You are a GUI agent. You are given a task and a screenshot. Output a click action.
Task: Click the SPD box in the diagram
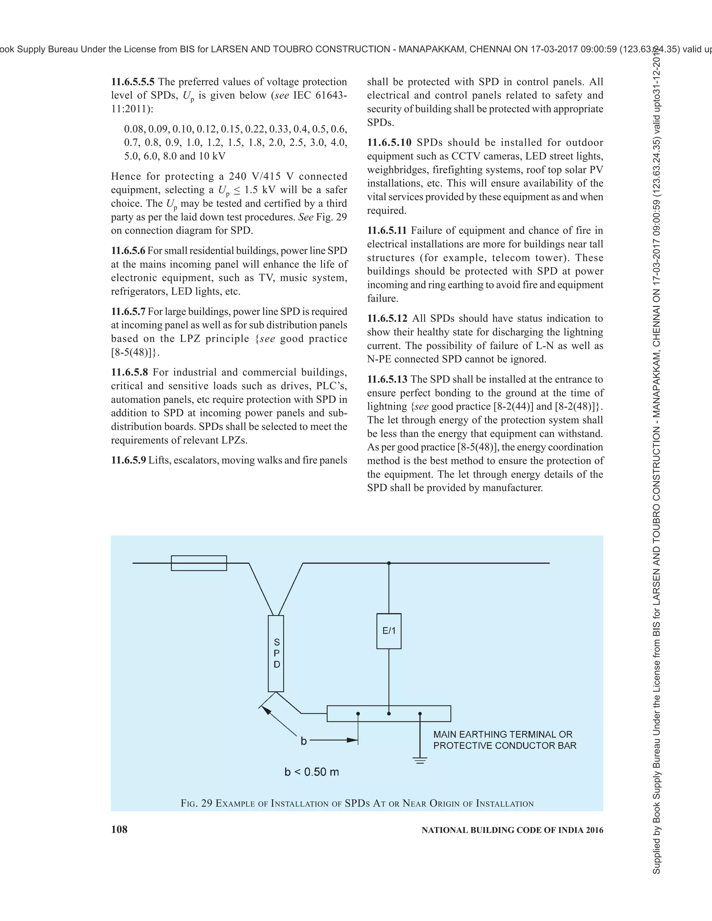point(276,653)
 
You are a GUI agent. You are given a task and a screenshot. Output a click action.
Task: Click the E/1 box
point(388,631)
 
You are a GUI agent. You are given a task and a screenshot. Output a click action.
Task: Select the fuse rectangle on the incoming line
point(199,563)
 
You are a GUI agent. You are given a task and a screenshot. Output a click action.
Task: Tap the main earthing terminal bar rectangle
point(388,714)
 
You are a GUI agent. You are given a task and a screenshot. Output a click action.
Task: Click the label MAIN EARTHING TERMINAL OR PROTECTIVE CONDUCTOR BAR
point(504,740)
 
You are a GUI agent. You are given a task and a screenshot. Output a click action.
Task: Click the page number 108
point(119,830)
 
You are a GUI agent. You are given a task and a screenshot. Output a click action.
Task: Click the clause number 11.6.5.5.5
point(132,82)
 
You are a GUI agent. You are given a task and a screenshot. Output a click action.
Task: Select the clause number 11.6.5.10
point(389,142)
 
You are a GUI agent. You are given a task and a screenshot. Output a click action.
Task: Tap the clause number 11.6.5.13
point(387,379)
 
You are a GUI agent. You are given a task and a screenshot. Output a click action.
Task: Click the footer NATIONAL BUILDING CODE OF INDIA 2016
point(512,830)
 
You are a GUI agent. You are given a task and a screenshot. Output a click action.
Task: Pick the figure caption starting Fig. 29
point(357,803)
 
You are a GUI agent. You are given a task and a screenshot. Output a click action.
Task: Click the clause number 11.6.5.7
point(128,312)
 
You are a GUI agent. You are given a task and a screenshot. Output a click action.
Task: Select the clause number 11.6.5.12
point(387,318)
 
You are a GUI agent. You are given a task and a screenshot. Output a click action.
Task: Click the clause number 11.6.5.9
point(128,460)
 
